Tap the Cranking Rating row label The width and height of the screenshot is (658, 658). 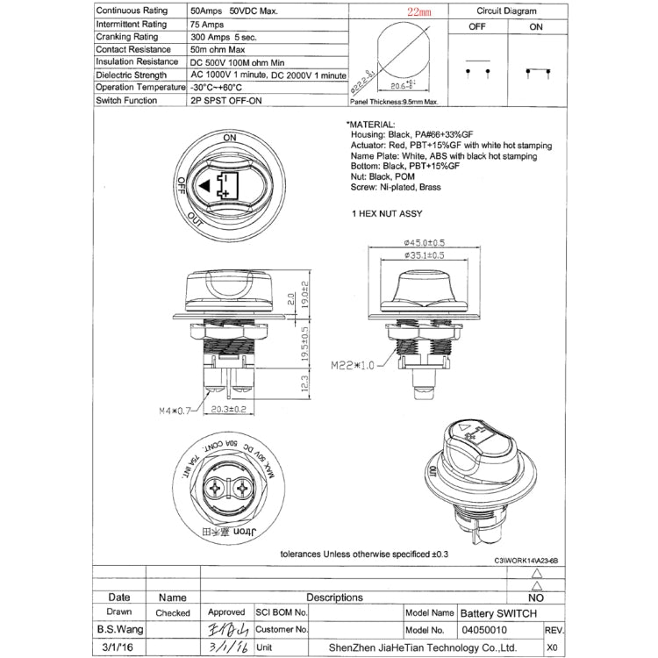pos(127,37)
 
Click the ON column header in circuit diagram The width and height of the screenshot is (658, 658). pos(536,27)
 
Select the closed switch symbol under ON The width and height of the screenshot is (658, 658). pos(536,71)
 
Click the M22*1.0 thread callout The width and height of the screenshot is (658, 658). pos(354,364)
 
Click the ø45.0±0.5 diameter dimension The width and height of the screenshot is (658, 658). pos(419,243)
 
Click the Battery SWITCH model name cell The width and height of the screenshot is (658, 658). pos(497,612)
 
